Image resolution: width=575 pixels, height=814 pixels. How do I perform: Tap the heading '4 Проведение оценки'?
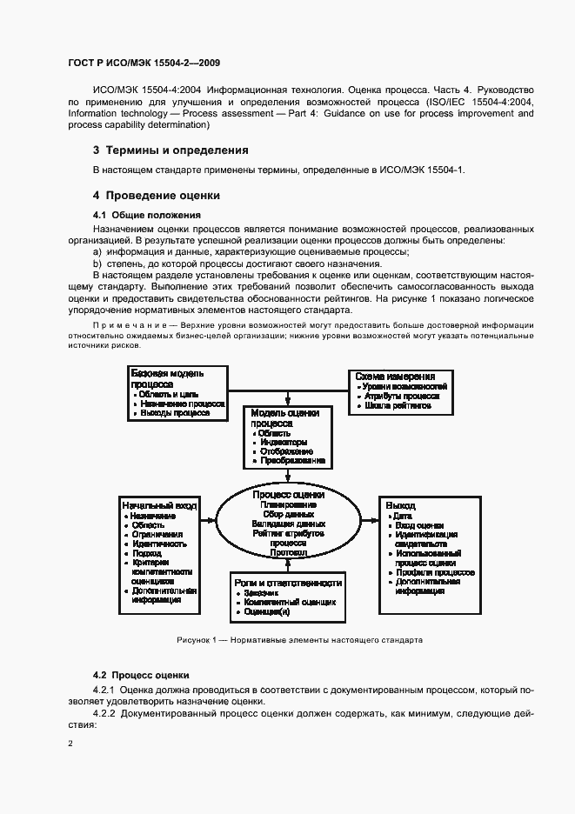[x=157, y=195]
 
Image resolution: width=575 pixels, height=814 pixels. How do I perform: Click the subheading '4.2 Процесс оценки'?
[x=140, y=675]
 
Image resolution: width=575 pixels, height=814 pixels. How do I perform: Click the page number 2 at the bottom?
[x=71, y=744]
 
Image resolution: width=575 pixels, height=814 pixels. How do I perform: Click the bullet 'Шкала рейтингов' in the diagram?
[x=397, y=405]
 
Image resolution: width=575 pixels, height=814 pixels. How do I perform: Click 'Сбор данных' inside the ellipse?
[x=286, y=514]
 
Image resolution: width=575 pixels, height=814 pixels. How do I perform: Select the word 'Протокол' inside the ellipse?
[x=286, y=552]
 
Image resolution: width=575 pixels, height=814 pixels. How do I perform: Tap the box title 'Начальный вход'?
[x=159, y=504]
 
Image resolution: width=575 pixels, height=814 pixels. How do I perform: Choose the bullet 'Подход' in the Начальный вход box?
[x=147, y=553]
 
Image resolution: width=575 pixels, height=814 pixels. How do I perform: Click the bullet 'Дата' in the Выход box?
[x=403, y=516]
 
